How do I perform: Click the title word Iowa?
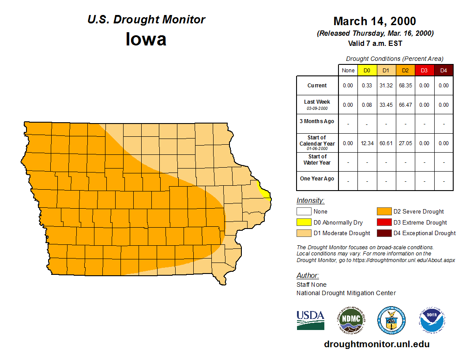(x=146, y=39)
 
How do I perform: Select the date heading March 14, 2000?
(x=375, y=21)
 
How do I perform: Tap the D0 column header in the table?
(x=367, y=71)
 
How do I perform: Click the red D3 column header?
(x=425, y=71)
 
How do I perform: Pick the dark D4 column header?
(x=443, y=71)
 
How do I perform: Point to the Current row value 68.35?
(x=406, y=86)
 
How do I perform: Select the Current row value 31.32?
(x=386, y=86)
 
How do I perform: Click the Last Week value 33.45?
(x=386, y=105)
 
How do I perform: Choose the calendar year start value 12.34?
(x=367, y=143)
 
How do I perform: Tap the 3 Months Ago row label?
(x=317, y=121)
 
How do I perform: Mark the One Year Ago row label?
(x=317, y=179)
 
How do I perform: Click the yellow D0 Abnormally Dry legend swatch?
(x=303, y=222)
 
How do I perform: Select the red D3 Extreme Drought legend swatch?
(x=383, y=222)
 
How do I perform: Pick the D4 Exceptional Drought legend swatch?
(x=383, y=233)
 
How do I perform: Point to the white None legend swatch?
(x=303, y=212)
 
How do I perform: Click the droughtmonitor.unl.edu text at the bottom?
(x=376, y=344)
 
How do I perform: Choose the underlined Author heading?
(x=307, y=276)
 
